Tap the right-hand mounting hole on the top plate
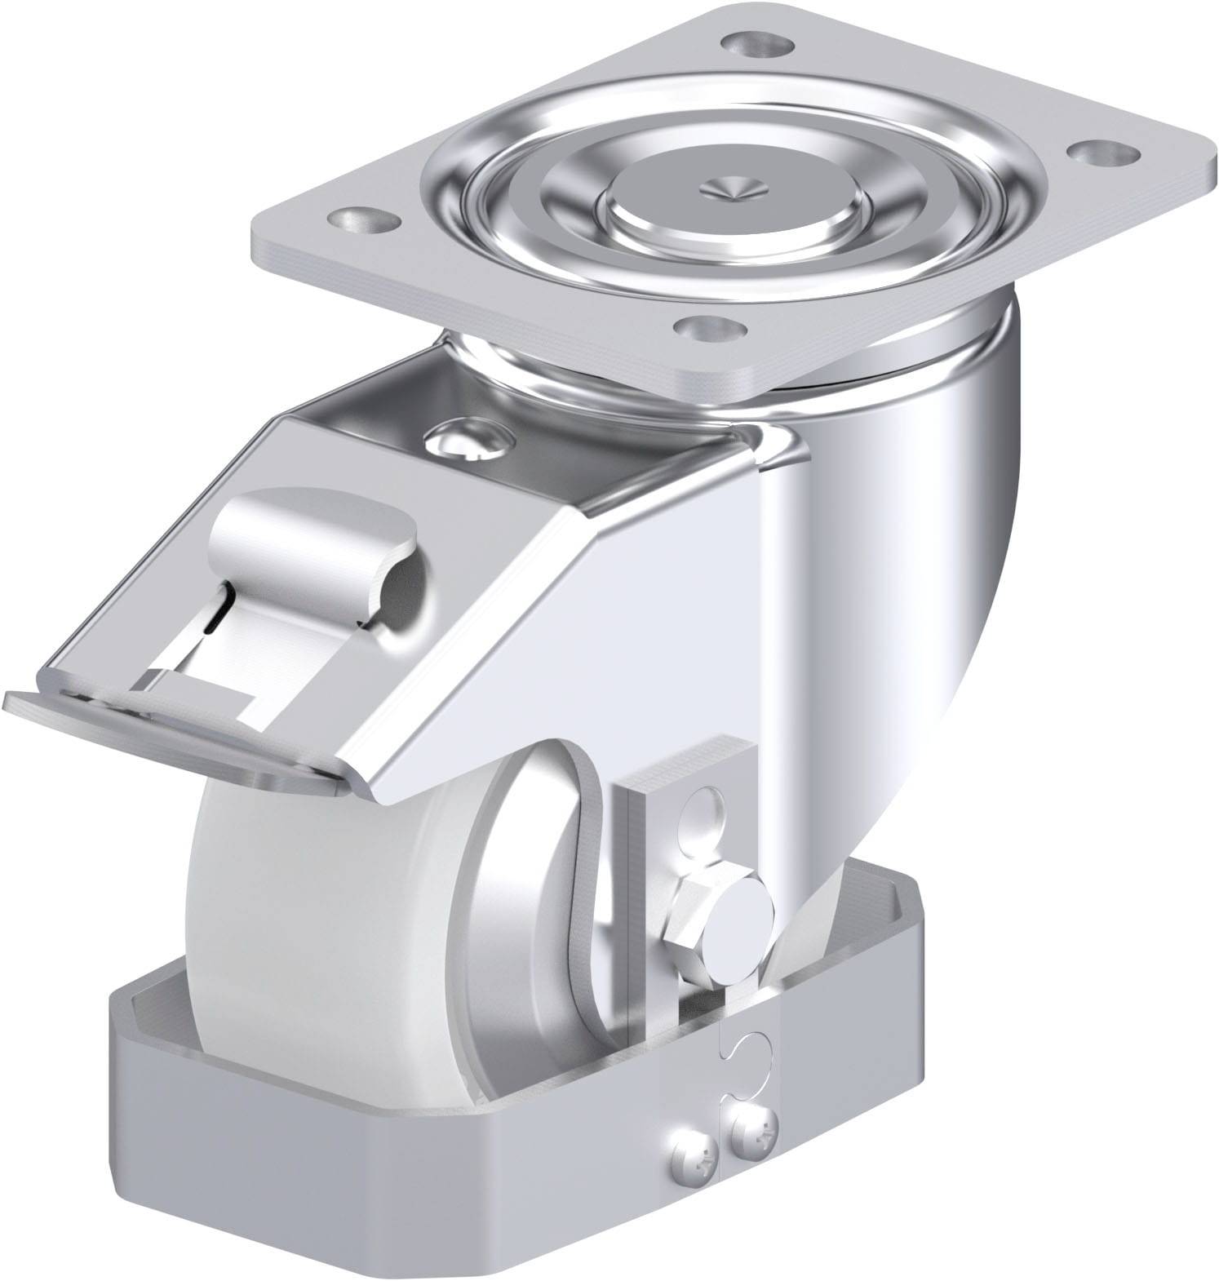[1093, 151]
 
